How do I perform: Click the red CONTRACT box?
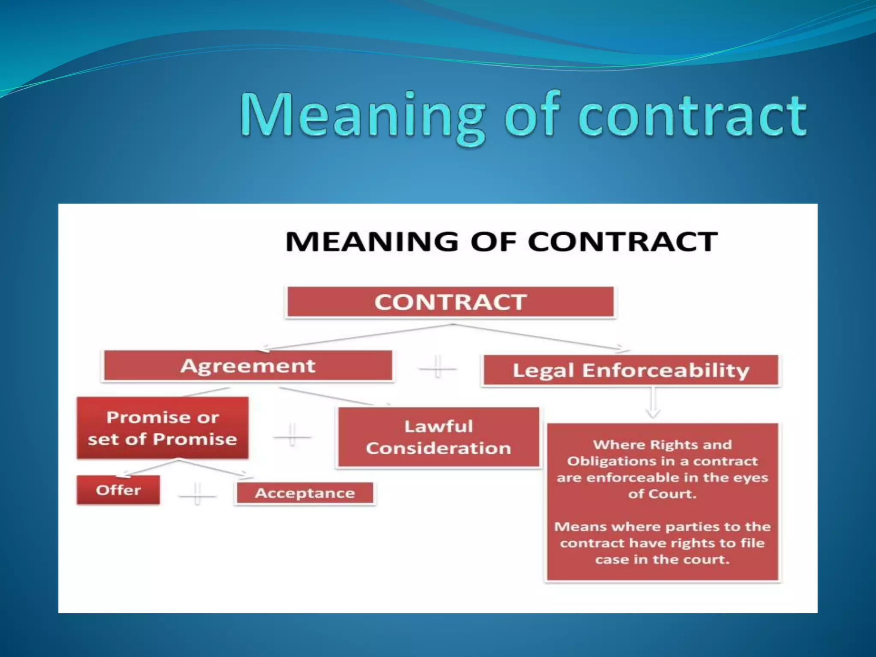click(x=450, y=302)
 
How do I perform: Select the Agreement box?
click(x=248, y=366)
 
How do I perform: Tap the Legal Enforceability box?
click(x=630, y=370)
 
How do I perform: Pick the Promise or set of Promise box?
click(x=163, y=428)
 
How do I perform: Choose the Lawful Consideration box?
click(x=438, y=437)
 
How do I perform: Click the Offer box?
click(x=118, y=490)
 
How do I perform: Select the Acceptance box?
click(x=305, y=494)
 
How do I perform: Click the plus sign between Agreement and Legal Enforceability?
click(x=437, y=367)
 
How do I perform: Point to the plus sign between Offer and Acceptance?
click(x=197, y=494)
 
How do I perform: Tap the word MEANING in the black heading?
click(x=372, y=242)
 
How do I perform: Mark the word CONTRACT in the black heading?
click(x=622, y=242)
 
